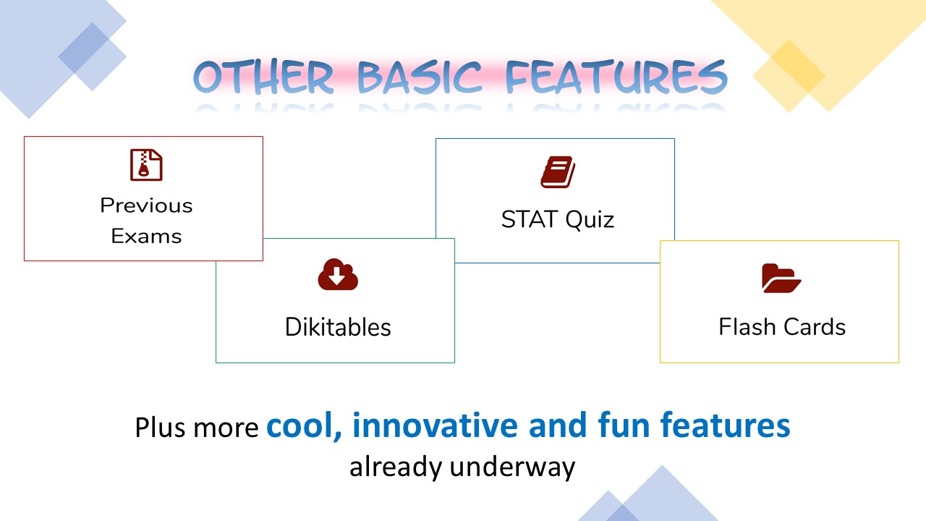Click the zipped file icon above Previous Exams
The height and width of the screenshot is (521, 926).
point(146,165)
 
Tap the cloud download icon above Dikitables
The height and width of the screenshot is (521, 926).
point(338,274)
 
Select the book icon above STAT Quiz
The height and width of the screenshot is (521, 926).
point(558,172)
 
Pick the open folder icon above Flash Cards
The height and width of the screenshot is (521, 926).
point(781,278)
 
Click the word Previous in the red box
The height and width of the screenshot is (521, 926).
point(146,206)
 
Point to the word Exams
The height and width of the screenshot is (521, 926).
point(146,236)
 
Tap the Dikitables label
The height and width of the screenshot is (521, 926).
point(338,327)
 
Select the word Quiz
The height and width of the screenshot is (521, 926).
point(590,219)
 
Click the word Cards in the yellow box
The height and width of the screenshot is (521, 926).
point(815,326)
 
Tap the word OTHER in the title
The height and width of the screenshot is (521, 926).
point(263,77)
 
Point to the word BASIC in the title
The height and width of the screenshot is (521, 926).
point(420,77)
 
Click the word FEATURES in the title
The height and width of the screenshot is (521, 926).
point(616,77)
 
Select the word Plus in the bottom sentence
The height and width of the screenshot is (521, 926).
point(161,427)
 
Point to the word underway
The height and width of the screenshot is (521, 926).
point(512,467)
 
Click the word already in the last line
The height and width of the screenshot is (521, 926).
point(396,467)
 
